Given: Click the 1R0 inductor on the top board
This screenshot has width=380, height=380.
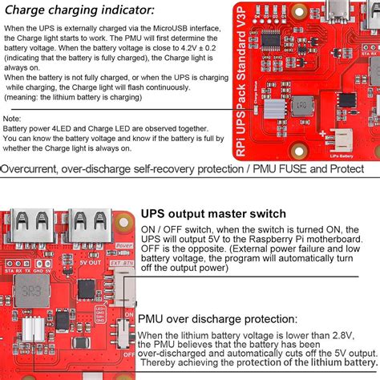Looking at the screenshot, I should [304, 105].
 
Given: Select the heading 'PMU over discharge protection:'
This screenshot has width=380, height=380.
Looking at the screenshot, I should [226, 318].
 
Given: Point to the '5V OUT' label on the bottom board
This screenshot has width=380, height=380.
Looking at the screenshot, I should [90, 262].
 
